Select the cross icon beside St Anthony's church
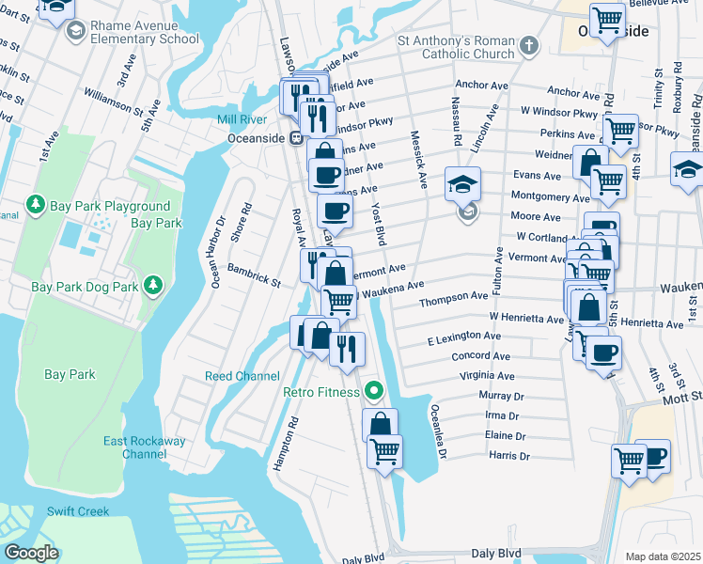[529, 45]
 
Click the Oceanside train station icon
[296, 138]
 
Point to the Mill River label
[242, 119]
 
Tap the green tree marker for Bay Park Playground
[36, 203]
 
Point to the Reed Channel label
[242, 376]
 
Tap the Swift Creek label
[78, 511]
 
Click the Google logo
[31, 553]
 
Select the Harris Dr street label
[510, 457]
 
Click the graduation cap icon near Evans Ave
[463, 182]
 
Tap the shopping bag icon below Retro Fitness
[379, 425]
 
